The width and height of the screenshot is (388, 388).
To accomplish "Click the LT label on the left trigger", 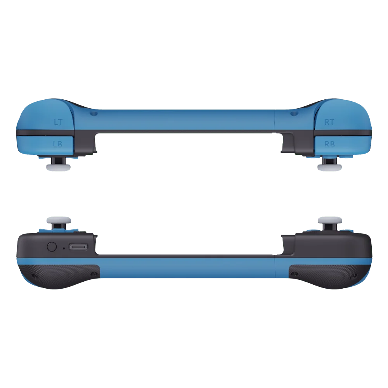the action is (x=59, y=122).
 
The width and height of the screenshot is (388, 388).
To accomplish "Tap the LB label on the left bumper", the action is (x=58, y=144).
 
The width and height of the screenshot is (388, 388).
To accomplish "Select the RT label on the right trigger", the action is (x=329, y=122).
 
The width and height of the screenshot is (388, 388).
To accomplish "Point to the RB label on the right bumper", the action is (x=329, y=144).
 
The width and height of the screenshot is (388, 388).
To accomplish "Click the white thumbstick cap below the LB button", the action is (x=59, y=168).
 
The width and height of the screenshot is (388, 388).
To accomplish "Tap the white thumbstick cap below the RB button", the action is (x=329, y=168).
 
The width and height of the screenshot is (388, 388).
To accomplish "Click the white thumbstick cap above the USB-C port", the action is (x=59, y=220).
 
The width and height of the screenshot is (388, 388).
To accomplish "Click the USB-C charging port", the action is (x=78, y=247).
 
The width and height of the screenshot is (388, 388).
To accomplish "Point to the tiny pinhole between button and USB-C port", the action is (x=64, y=248).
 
